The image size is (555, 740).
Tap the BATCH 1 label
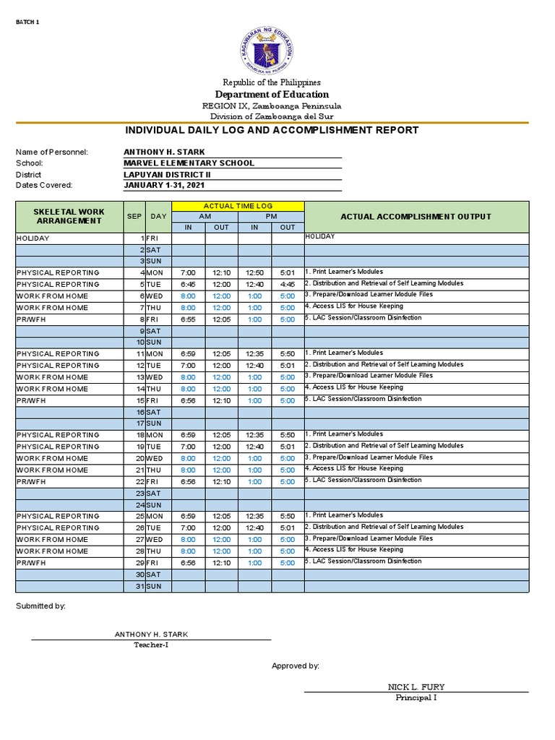click(x=27, y=22)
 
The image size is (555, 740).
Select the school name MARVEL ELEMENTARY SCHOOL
click(x=189, y=163)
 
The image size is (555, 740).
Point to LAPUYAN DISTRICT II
click(x=168, y=175)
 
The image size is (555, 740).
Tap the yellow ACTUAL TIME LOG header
click(x=238, y=207)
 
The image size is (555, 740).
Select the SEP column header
click(x=134, y=216)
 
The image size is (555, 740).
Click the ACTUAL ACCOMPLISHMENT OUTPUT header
click(x=416, y=216)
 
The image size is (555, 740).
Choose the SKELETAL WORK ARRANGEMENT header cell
click(x=69, y=216)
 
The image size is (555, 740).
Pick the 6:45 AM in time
click(x=188, y=285)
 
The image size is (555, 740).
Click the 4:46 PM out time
click(x=288, y=285)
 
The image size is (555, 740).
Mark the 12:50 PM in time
click(x=254, y=273)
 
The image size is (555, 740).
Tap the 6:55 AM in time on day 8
click(x=188, y=319)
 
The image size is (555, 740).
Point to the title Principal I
click(x=416, y=697)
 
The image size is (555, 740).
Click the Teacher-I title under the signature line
click(x=151, y=645)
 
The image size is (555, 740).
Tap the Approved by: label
click(x=295, y=666)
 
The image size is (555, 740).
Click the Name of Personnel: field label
click(x=52, y=152)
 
